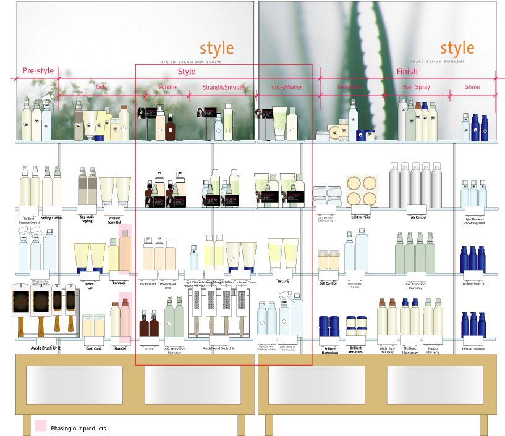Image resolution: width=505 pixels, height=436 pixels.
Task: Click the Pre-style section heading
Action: coord(38,71)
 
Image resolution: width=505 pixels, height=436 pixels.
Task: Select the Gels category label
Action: coord(101,87)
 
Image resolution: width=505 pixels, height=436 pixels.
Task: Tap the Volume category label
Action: coord(168,87)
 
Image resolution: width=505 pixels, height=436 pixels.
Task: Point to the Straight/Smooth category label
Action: coord(224,87)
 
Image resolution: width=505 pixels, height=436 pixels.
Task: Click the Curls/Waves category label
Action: coord(287,87)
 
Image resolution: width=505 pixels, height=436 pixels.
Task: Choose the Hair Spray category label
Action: coord(416,87)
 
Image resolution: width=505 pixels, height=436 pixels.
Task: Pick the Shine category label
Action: coord(472,87)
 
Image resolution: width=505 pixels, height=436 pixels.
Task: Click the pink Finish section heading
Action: coord(407,72)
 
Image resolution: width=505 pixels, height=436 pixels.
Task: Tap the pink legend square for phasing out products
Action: coord(41,426)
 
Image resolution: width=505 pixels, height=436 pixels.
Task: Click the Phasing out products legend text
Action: coord(78,428)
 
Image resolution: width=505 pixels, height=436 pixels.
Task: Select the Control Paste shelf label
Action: coord(361,217)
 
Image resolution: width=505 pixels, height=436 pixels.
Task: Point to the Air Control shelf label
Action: coord(418,217)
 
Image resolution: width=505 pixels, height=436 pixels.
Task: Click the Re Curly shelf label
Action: coord(283,281)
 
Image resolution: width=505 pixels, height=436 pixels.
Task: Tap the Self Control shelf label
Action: coord(328,283)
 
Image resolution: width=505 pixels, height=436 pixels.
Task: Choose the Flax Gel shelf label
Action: coord(120,348)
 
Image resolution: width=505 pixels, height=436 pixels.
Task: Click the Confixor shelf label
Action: coord(119,283)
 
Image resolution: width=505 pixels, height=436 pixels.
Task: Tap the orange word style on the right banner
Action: coord(457,48)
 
